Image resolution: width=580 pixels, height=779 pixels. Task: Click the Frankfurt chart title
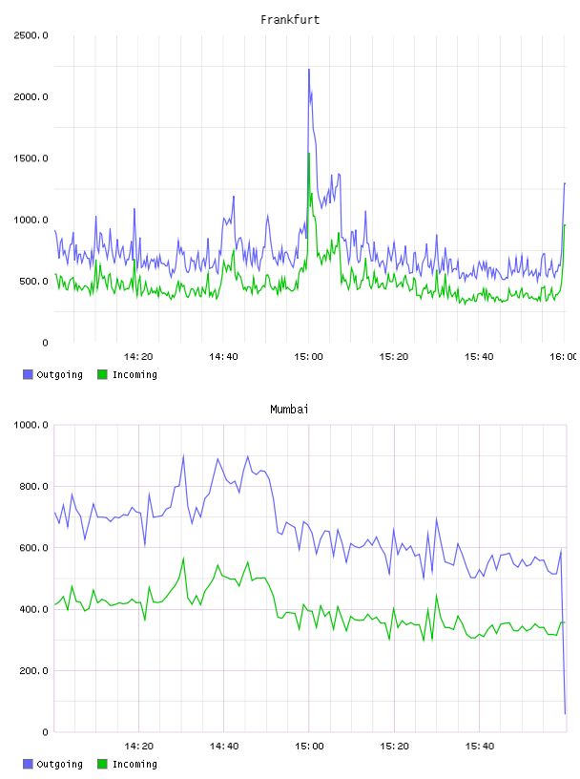[x=290, y=20]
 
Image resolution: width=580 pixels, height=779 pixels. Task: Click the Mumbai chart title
[x=289, y=410]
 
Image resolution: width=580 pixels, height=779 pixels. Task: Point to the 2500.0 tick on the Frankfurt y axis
[x=31, y=35]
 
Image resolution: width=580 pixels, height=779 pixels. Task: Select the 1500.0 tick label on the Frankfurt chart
[x=31, y=158]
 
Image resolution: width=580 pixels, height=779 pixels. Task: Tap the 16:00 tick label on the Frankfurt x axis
[x=564, y=357]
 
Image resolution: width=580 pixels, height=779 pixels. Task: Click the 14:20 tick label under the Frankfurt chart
[x=138, y=357]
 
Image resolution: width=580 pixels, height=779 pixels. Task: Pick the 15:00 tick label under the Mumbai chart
[x=309, y=747]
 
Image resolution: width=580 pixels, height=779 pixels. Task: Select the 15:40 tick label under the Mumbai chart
[x=479, y=747]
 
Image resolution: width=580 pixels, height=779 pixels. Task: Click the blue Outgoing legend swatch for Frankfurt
[x=28, y=374]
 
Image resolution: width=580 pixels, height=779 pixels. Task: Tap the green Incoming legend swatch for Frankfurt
[x=102, y=374]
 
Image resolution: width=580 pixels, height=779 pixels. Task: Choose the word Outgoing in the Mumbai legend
[x=59, y=764]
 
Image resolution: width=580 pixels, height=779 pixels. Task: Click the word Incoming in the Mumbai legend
[x=135, y=764]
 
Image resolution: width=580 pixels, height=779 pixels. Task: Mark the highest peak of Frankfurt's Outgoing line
[x=309, y=70]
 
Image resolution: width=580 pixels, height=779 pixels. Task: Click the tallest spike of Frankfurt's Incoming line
[x=309, y=153]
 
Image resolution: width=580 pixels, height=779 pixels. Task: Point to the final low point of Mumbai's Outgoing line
[x=565, y=714]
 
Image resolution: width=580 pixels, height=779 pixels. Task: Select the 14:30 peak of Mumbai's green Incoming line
[x=184, y=558]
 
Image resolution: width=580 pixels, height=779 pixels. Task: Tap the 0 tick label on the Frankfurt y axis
[x=45, y=343]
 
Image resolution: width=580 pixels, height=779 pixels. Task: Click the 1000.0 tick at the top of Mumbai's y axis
[x=31, y=425]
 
